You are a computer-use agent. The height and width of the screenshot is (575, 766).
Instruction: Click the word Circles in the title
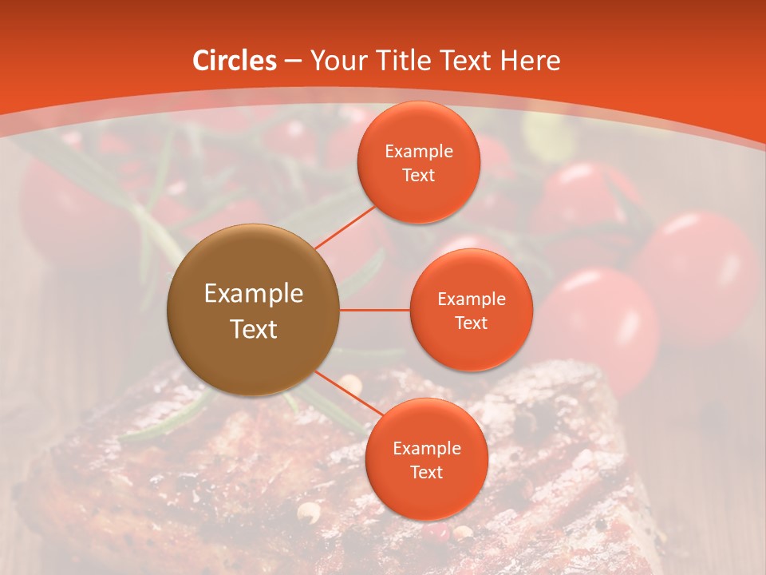(234, 61)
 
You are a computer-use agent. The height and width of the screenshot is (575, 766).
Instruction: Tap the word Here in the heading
(530, 61)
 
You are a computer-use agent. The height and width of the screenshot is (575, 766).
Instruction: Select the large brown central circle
(253, 310)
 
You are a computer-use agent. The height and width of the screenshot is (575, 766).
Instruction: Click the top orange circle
(418, 162)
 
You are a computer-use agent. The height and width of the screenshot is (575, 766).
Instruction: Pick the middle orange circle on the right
(471, 310)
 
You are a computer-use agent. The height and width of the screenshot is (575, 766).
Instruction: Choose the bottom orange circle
(426, 459)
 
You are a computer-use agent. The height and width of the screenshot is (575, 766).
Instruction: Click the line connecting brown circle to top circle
(345, 227)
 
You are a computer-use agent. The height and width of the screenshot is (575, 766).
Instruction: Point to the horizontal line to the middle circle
(375, 310)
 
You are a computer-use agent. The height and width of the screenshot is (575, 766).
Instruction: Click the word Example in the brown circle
(253, 294)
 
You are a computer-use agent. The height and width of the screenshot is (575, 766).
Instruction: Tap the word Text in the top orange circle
(418, 175)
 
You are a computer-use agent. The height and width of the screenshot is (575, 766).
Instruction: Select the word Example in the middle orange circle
(471, 299)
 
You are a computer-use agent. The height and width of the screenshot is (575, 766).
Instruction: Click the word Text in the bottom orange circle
(426, 472)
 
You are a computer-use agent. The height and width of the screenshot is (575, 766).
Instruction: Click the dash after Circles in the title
(292, 61)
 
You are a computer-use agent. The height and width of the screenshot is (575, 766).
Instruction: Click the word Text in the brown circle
(253, 329)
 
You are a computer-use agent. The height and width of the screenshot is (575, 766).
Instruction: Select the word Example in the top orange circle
(418, 151)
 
